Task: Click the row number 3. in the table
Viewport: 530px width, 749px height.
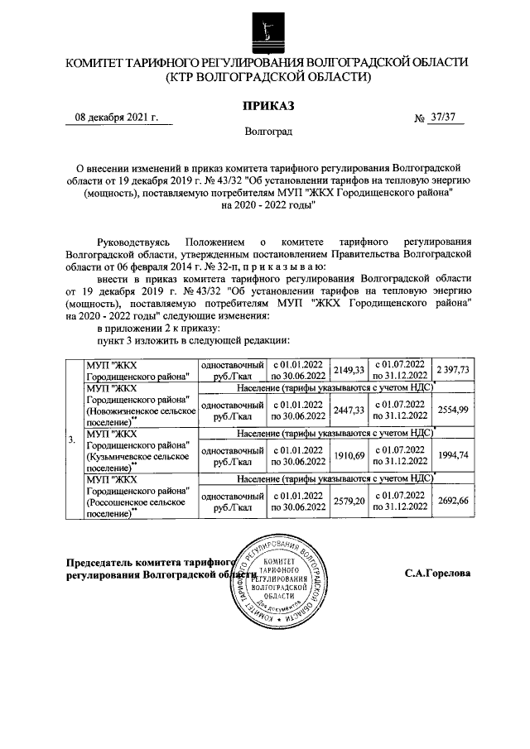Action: click(x=74, y=439)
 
